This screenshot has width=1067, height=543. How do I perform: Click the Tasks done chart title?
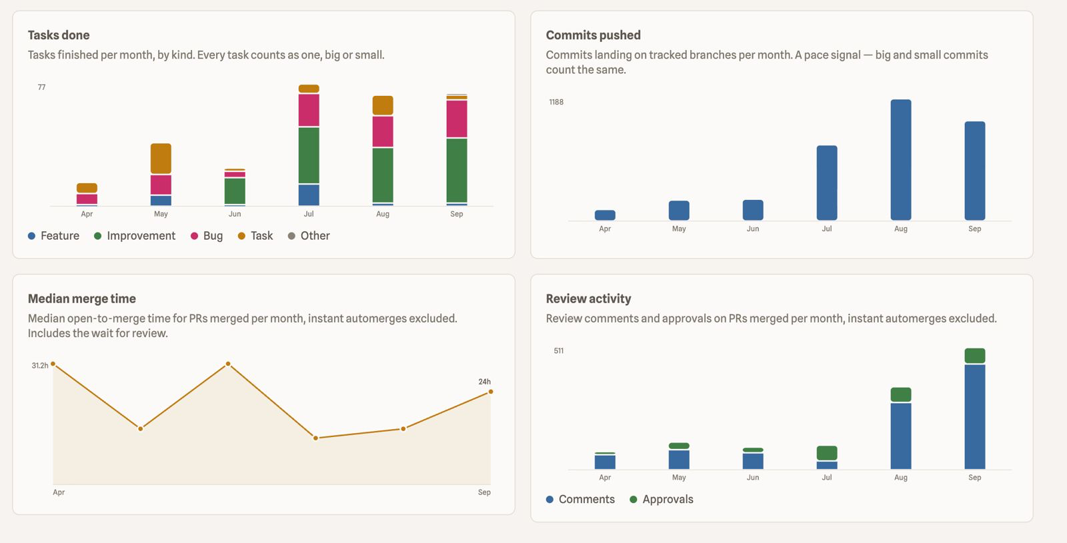click(x=59, y=35)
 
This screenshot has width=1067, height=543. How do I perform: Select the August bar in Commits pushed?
click(x=901, y=160)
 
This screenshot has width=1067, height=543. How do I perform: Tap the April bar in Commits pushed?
click(x=605, y=215)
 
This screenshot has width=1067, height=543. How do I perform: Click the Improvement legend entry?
click(x=135, y=236)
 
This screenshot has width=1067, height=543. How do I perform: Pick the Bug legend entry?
click(x=207, y=236)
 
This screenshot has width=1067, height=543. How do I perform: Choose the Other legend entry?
click(x=309, y=236)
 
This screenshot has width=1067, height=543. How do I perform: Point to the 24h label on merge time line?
click(x=484, y=382)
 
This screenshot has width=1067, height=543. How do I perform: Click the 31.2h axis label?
click(x=40, y=366)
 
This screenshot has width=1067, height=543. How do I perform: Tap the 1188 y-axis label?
click(x=556, y=102)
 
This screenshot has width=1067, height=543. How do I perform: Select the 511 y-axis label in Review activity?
click(x=559, y=350)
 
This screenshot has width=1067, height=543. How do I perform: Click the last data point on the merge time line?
click(x=491, y=392)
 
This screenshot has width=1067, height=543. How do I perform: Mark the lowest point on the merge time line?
click(x=315, y=438)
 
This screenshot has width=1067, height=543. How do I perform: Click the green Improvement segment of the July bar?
click(x=309, y=155)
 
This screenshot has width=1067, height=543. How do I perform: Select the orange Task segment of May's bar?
click(x=161, y=159)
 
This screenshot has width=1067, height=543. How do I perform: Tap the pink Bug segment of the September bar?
click(x=457, y=119)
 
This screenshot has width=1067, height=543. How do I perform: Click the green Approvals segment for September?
click(x=974, y=356)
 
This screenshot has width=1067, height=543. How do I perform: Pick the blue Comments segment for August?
click(x=901, y=436)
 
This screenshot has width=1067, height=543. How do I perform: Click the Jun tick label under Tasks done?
click(x=235, y=214)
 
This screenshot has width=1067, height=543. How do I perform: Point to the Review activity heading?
click(x=588, y=299)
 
